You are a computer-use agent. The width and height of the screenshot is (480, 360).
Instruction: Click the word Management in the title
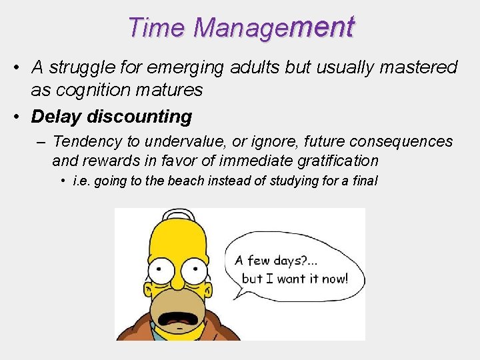pyautogui.click(x=273, y=28)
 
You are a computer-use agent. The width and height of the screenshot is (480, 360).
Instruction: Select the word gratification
pyautogui.click(x=338, y=161)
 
